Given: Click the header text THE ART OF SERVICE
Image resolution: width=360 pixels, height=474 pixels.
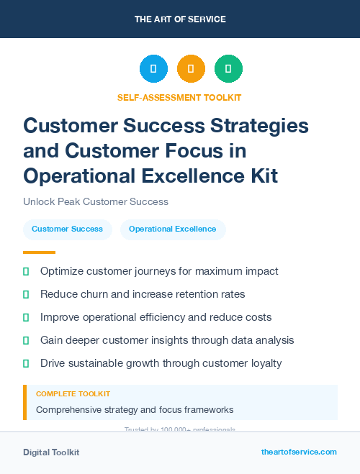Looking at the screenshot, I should pyautogui.click(x=180, y=19).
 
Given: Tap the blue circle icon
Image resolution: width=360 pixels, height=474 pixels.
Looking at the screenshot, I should pyautogui.click(x=153, y=69).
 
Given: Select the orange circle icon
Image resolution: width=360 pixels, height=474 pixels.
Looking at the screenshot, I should pyautogui.click(x=191, y=69).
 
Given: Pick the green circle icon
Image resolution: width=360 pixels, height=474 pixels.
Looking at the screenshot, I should pyautogui.click(x=228, y=69).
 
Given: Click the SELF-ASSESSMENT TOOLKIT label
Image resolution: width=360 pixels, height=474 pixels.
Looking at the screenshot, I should pyautogui.click(x=179, y=97).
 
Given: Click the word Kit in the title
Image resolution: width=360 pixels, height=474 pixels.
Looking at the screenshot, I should pyautogui.click(x=262, y=175).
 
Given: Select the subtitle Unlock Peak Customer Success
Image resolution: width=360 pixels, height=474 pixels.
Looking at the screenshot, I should pyautogui.click(x=96, y=201).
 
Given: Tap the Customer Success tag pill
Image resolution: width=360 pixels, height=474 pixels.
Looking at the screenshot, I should pyautogui.click(x=67, y=229).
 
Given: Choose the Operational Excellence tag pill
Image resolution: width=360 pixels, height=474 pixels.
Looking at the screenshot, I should pyautogui.click(x=173, y=229).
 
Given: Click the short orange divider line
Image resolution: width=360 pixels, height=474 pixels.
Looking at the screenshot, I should pyautogui.click(x=39, y=252).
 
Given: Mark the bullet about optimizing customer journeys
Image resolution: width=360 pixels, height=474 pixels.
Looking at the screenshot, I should pyautogui.click(x=159, y=271).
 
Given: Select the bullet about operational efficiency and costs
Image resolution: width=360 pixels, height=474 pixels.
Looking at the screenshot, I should pyautogui.click(x=156, y=317).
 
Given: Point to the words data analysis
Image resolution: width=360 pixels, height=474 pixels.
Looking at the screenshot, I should pyautogui.click(x=261, y=340).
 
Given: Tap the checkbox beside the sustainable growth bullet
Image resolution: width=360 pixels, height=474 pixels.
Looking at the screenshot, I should pyautogui.click(x=26, y=363).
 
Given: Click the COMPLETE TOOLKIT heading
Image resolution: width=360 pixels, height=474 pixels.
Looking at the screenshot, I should pyautogui.click(x=73, y=394).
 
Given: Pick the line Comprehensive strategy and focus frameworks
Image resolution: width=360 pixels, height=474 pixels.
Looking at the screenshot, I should pyautogui.click(x=135, y=410).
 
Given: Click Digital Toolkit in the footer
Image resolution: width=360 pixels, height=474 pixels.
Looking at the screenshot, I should pyautogui.click(x=51, y=452).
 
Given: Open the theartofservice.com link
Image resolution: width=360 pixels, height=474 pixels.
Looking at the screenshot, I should pyautogui.click(x=299, y=452).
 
